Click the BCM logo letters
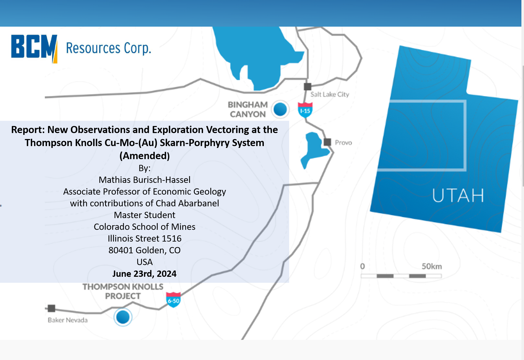click(34, 49)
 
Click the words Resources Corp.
click(109, 48)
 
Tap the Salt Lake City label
click(330, 94)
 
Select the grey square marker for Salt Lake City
click(308, 87)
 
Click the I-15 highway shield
click(305, 110)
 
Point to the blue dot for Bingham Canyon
click(280, 109)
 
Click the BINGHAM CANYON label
click(248, 109)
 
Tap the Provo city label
click(343, 143)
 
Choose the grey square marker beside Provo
click(327, 142)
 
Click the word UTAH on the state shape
click(458, 195)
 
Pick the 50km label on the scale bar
click(432, 266)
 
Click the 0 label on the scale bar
click(362, 266)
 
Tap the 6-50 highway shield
click(173, 300)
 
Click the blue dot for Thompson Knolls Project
click(123, 317)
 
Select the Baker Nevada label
click(68, 320)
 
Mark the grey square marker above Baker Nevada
click(51, 308)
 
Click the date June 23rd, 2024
click(144, 274)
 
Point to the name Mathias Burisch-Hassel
click(145, 180)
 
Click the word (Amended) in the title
click(145, 156)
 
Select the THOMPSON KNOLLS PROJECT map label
click(123, 291)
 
